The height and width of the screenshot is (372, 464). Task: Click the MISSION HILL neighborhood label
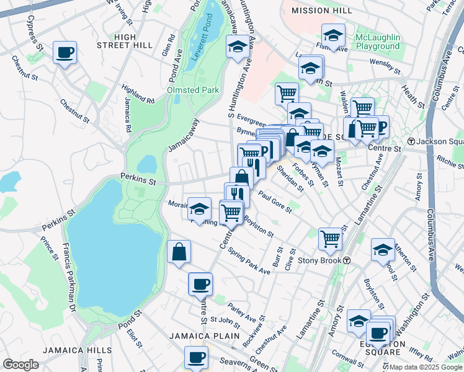click(x=321, y=11)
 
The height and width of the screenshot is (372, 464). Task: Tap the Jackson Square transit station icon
click(x=410, y=141)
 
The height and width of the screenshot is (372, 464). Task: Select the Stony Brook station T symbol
click(x=347, y=260)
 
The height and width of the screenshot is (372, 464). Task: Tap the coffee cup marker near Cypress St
click(x=65, y=52)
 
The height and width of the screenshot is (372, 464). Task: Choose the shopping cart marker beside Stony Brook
click(x=330, y=237)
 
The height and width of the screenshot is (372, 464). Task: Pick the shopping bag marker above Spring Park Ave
click(x=179, y=252)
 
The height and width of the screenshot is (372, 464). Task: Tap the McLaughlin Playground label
click(x=377, y=42)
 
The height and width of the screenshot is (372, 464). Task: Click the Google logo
click(x=20, y=364)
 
